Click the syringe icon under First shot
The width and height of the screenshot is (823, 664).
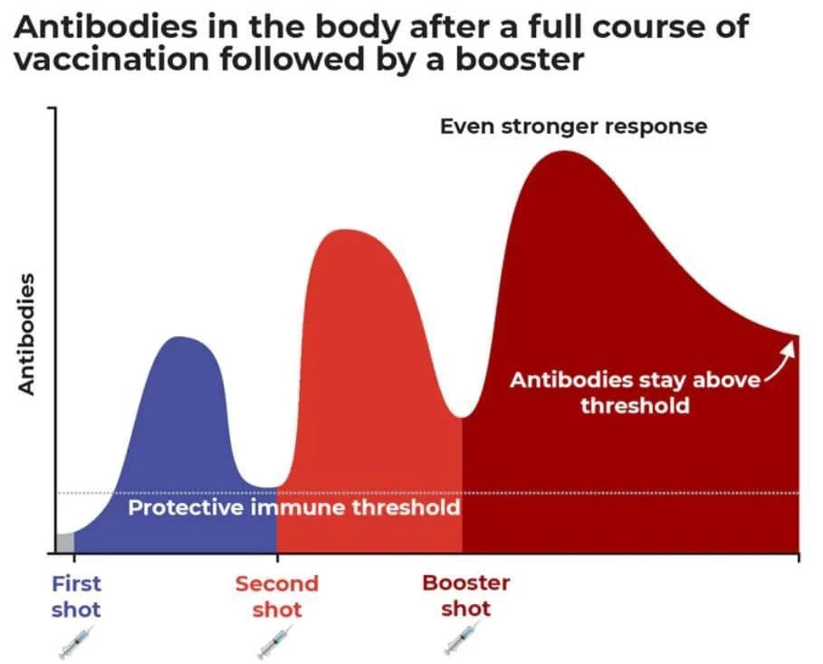point(77,640)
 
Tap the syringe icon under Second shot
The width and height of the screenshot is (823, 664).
point(275,640)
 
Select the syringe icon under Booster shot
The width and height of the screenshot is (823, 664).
point(463,637)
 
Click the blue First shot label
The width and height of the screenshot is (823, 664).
point(76,596)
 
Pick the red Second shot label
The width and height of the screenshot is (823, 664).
point(277,596)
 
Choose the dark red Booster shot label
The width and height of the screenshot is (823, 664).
point(466,595)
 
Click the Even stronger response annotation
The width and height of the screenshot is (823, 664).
point(574,127)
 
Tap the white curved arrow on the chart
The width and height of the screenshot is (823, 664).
point(780,360)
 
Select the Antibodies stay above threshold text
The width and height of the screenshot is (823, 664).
point(635,392)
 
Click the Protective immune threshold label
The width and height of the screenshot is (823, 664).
point(294,507)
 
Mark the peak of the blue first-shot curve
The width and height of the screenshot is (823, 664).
point(179,337)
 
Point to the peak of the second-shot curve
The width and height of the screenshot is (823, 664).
point(344,230)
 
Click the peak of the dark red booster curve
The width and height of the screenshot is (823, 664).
point(564,151)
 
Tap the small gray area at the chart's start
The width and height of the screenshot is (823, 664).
point(64,542)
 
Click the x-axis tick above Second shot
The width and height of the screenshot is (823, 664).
point(277,557)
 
